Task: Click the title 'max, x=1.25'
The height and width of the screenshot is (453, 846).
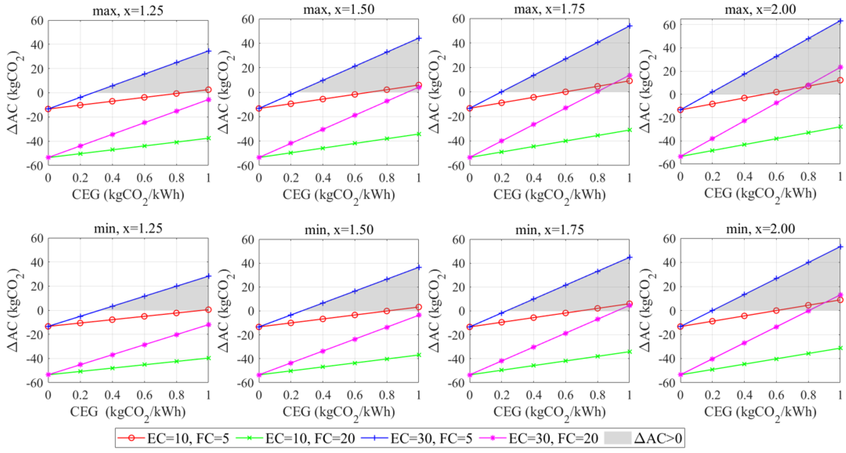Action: coord(128,11)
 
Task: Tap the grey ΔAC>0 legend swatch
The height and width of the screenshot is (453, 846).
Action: coord(617,438)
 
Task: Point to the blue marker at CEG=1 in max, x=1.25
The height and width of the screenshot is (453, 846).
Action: coord(208,51)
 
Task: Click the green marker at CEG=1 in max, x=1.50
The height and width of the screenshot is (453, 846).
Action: coord(419,134)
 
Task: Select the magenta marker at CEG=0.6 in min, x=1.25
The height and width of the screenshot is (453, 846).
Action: coord(144,344)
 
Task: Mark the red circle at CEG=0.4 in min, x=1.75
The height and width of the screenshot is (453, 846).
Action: coord(533,317)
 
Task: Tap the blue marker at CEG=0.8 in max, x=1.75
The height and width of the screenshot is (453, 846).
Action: coord(597,42)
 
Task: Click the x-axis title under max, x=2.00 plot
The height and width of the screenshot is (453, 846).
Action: coord(760,194)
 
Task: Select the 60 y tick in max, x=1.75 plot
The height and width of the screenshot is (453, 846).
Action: coord(458,19)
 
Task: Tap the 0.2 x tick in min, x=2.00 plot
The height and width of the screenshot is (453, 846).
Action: coord(712,395)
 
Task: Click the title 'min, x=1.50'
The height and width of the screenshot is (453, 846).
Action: coord(339,229)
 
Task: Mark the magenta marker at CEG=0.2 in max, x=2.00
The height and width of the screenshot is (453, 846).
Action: coord(712,138)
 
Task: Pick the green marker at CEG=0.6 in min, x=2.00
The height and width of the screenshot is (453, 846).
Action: coord(776,359)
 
